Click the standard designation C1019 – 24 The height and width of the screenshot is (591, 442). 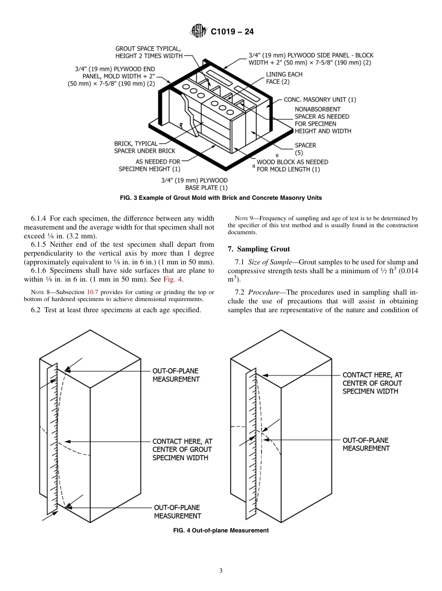point(232,32)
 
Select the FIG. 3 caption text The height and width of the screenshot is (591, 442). point(221,197)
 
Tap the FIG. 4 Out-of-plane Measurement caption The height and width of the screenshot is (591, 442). point(221,530)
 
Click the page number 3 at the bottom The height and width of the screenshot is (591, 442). point(221,571)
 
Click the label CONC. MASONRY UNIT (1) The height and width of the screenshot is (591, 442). point(320,99)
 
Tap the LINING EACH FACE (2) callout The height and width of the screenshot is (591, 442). point(284,78)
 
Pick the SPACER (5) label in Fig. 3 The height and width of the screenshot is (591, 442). point(305,149)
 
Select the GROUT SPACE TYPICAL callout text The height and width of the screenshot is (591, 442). point(148,52)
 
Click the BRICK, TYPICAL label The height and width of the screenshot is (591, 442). point(136,144)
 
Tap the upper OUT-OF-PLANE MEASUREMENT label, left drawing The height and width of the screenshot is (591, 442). point(176,375)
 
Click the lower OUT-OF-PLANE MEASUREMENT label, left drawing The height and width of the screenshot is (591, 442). point(177,512)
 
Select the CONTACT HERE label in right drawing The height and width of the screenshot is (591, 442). point(372,383)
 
